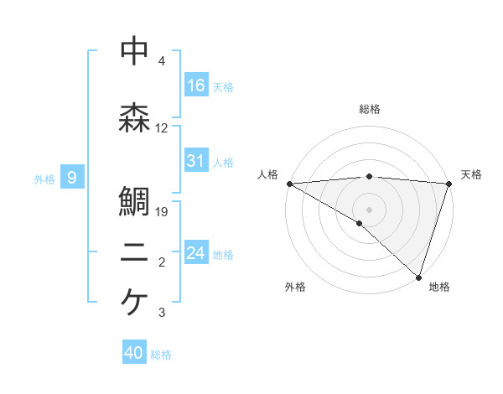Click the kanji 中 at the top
135,52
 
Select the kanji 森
135,119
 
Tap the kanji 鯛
135,202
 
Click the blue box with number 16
196,85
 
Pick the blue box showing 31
196,161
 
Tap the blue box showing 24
196,253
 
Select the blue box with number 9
73,178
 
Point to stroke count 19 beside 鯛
163,212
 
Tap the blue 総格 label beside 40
161,355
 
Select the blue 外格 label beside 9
44,179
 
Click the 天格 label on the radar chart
471,174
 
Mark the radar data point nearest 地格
418,277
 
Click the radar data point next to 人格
289,183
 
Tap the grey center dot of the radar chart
369,209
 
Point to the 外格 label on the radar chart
295,287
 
